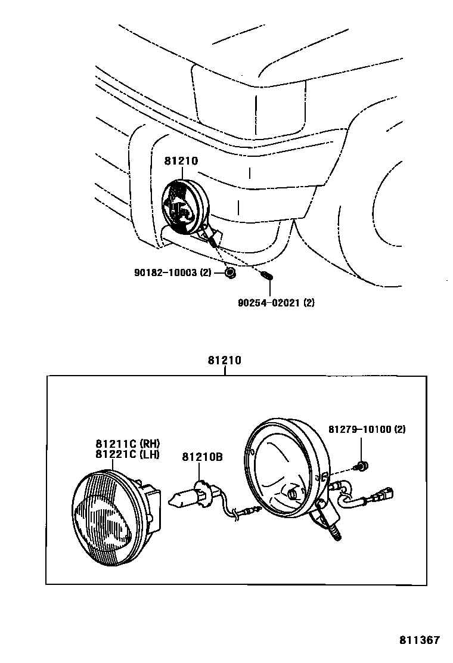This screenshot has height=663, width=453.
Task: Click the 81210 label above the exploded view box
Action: pos(224,360)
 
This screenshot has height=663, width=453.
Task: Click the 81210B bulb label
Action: pos(202,457)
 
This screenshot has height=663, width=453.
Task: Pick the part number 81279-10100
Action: pos(367,429)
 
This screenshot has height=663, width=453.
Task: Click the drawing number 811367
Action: pos(419,640)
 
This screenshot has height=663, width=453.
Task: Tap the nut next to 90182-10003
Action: pos(231,273)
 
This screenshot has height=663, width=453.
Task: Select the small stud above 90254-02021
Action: pos(267,276)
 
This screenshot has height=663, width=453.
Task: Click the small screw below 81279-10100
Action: pos(361,465)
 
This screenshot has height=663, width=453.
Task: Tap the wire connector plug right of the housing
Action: pos(380,495)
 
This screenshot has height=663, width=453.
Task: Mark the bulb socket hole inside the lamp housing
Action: pos(292,493)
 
